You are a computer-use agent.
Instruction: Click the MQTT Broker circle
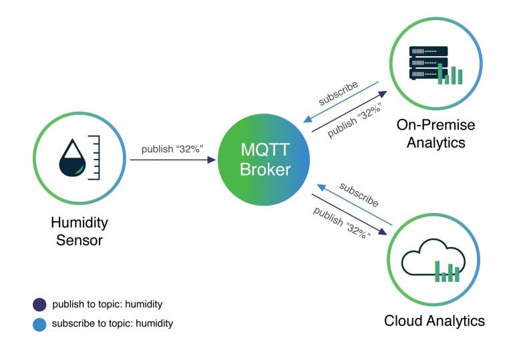(265, 161)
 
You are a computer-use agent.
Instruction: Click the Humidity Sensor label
(79, 230)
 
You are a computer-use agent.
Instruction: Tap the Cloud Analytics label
(434, 321)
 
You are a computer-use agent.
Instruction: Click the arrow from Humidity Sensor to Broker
(173, 160)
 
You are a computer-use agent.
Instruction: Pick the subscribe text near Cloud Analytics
(359, 194)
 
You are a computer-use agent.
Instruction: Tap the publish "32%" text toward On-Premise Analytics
(353, 121)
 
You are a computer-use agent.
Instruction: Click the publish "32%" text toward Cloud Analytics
(341, 224)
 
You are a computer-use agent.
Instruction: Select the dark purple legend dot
(39, 305)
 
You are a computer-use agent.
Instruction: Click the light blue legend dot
(39, 324)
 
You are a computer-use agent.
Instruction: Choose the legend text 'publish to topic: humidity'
(108, 305)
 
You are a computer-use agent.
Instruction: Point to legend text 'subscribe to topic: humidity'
(113, 324)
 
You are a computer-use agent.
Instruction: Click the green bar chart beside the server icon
(451, 74)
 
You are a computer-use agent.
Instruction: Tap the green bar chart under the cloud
(448, 271)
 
